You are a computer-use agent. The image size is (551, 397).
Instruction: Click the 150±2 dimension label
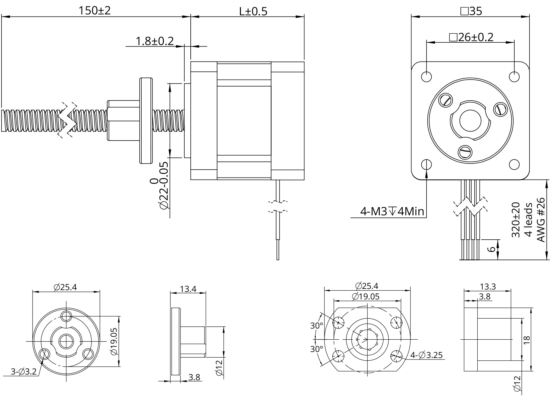point(94,11)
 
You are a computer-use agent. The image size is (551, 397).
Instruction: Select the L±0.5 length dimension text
point(253,11)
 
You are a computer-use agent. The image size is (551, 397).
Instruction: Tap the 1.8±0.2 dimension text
point(155,41)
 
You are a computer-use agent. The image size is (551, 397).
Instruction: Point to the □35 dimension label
point(471,11)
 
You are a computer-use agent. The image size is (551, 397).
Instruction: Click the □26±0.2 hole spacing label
point(471,38)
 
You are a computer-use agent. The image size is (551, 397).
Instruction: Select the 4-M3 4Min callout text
point(392,212)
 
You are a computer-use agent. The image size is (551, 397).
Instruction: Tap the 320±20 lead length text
point(516,220)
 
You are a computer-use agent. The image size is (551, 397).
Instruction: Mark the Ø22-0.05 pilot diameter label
point(163,186)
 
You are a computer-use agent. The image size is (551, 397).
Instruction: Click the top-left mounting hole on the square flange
point(426,77)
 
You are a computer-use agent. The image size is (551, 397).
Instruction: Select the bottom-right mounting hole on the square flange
point(514,164)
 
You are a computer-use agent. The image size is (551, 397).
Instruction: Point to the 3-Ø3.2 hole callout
point(23,372)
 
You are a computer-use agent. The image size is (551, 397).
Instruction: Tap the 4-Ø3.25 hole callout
point(426,355)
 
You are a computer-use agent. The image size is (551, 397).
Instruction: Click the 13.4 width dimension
point(188,289)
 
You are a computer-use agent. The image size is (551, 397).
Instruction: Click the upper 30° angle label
point(316,326)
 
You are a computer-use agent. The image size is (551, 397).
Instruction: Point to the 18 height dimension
point(526,339)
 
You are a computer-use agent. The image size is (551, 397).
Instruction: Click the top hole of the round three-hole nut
point(66,316)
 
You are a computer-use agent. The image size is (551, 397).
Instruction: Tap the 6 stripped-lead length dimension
point(491,249)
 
